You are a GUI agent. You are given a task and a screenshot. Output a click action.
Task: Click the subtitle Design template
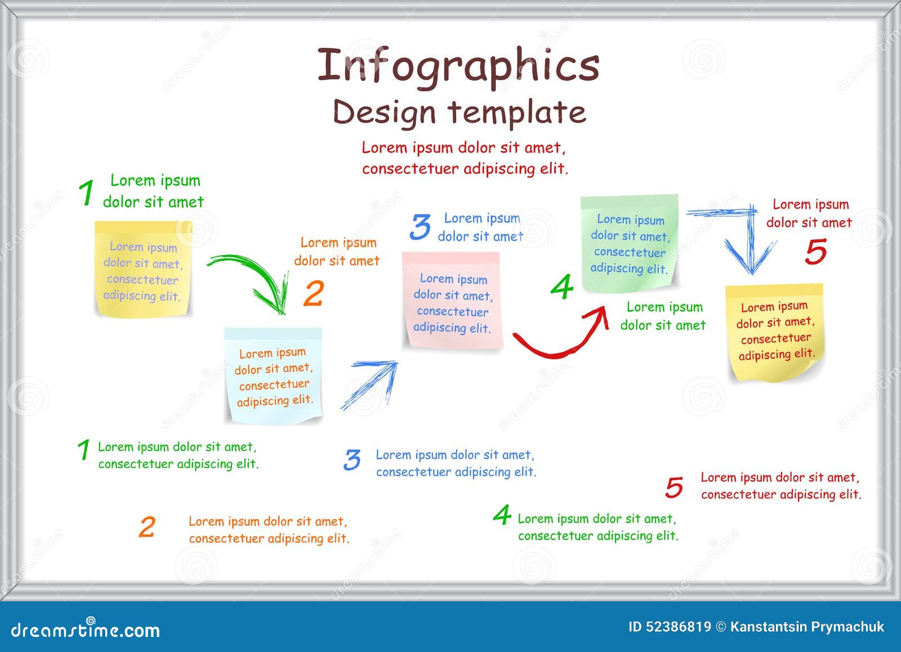click(x=459, y=111)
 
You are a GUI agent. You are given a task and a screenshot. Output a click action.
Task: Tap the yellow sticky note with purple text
click(x=143, y=269)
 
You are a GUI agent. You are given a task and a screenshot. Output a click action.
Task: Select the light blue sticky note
click(x=273, y=375)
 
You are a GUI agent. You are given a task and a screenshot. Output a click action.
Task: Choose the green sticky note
click(x=629, y=243)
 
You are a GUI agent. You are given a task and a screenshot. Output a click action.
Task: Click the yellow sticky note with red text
click(x=775, y=331)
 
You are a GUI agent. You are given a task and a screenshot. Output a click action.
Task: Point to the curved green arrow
click(x=253, y=279)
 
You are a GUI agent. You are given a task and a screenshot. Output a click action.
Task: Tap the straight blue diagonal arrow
click(x=369, y=386)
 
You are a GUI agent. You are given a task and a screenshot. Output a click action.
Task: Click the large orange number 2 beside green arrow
click(x=314, y=293)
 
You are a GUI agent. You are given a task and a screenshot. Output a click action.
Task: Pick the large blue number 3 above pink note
click(x=420, y=227)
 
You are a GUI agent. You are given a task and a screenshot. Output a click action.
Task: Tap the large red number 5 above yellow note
click(x=815, y=251)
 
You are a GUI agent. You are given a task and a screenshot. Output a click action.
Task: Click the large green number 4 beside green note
click(x=561, y=287)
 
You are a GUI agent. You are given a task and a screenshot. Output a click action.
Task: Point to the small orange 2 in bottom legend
click(x=146, y=528)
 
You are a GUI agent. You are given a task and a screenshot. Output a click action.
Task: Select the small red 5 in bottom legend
click(x=674, y=488)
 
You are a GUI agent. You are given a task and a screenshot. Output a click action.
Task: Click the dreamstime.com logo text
click(x=86, y=629)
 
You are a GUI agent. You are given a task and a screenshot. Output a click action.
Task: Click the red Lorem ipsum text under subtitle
click(x=465, y=158)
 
